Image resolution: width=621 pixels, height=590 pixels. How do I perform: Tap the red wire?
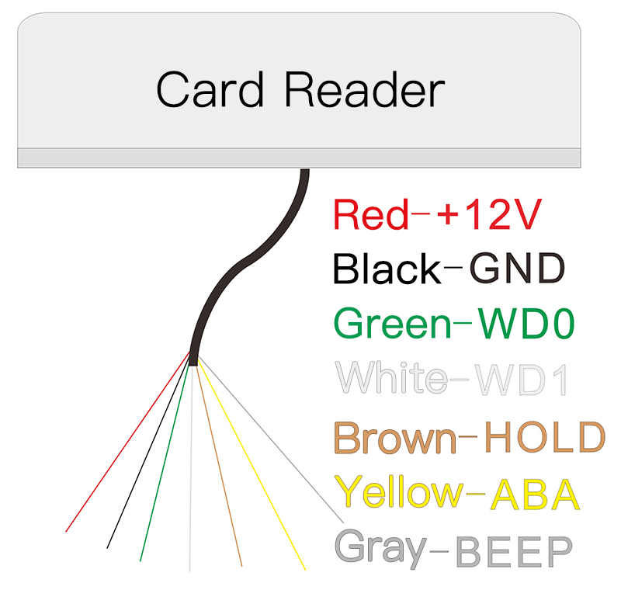click(116, 458)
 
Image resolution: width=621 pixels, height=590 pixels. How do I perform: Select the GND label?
click(517, 269)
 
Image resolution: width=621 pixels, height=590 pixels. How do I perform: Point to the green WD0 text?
click(526, 324)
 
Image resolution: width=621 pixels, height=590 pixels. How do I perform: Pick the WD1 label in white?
click(522, 378)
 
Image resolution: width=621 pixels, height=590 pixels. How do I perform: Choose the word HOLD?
click(543, 438)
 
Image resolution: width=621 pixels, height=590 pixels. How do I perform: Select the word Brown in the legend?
click(394, 438)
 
